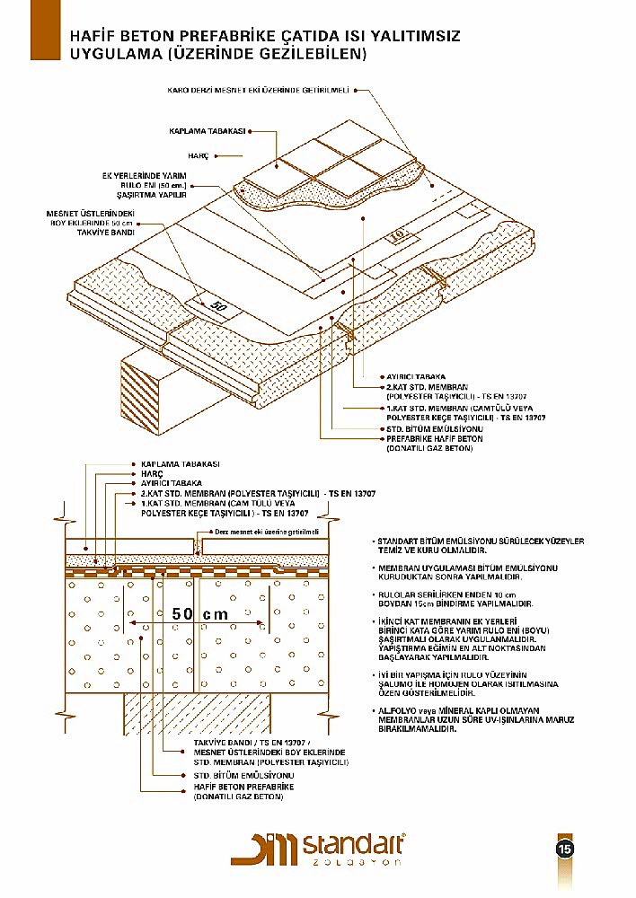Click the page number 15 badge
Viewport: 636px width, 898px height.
pos(565,849)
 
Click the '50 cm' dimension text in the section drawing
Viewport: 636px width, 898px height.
pos(199,614)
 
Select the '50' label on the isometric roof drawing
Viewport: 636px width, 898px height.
pos(218,306)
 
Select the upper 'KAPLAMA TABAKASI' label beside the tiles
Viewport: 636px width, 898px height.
pos(208,131)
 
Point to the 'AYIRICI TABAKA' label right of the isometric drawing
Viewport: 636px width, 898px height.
pos(414,376)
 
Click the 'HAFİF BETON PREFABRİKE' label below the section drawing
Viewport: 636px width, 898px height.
pos(244,787)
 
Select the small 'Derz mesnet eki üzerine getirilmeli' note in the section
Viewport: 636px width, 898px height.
pos(268,532)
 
